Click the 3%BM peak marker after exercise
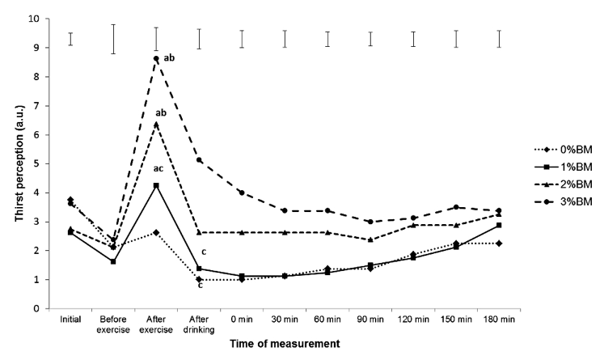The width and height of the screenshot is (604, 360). (x=156, y=58)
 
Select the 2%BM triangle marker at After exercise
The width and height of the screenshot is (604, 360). (x=156, y=124)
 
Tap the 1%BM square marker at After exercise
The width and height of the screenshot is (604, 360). (x=156, y=185)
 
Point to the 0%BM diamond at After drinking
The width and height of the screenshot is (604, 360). (x=199, y=279)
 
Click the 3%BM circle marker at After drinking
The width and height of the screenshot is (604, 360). (x=199, y=160)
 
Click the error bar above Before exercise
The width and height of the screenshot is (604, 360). (x=113, y=39)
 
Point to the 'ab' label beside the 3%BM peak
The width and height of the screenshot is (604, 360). (x=169, y=58)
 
